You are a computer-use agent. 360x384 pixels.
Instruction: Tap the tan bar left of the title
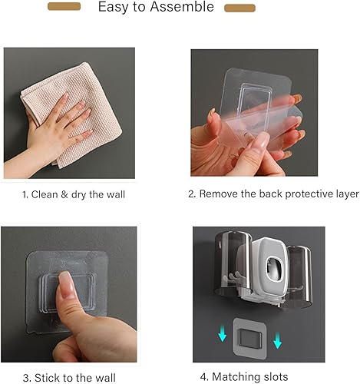pos(64,7)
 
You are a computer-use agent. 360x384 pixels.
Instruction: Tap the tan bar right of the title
pos(239,8)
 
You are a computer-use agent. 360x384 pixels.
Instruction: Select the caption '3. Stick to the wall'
pos(68,377)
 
